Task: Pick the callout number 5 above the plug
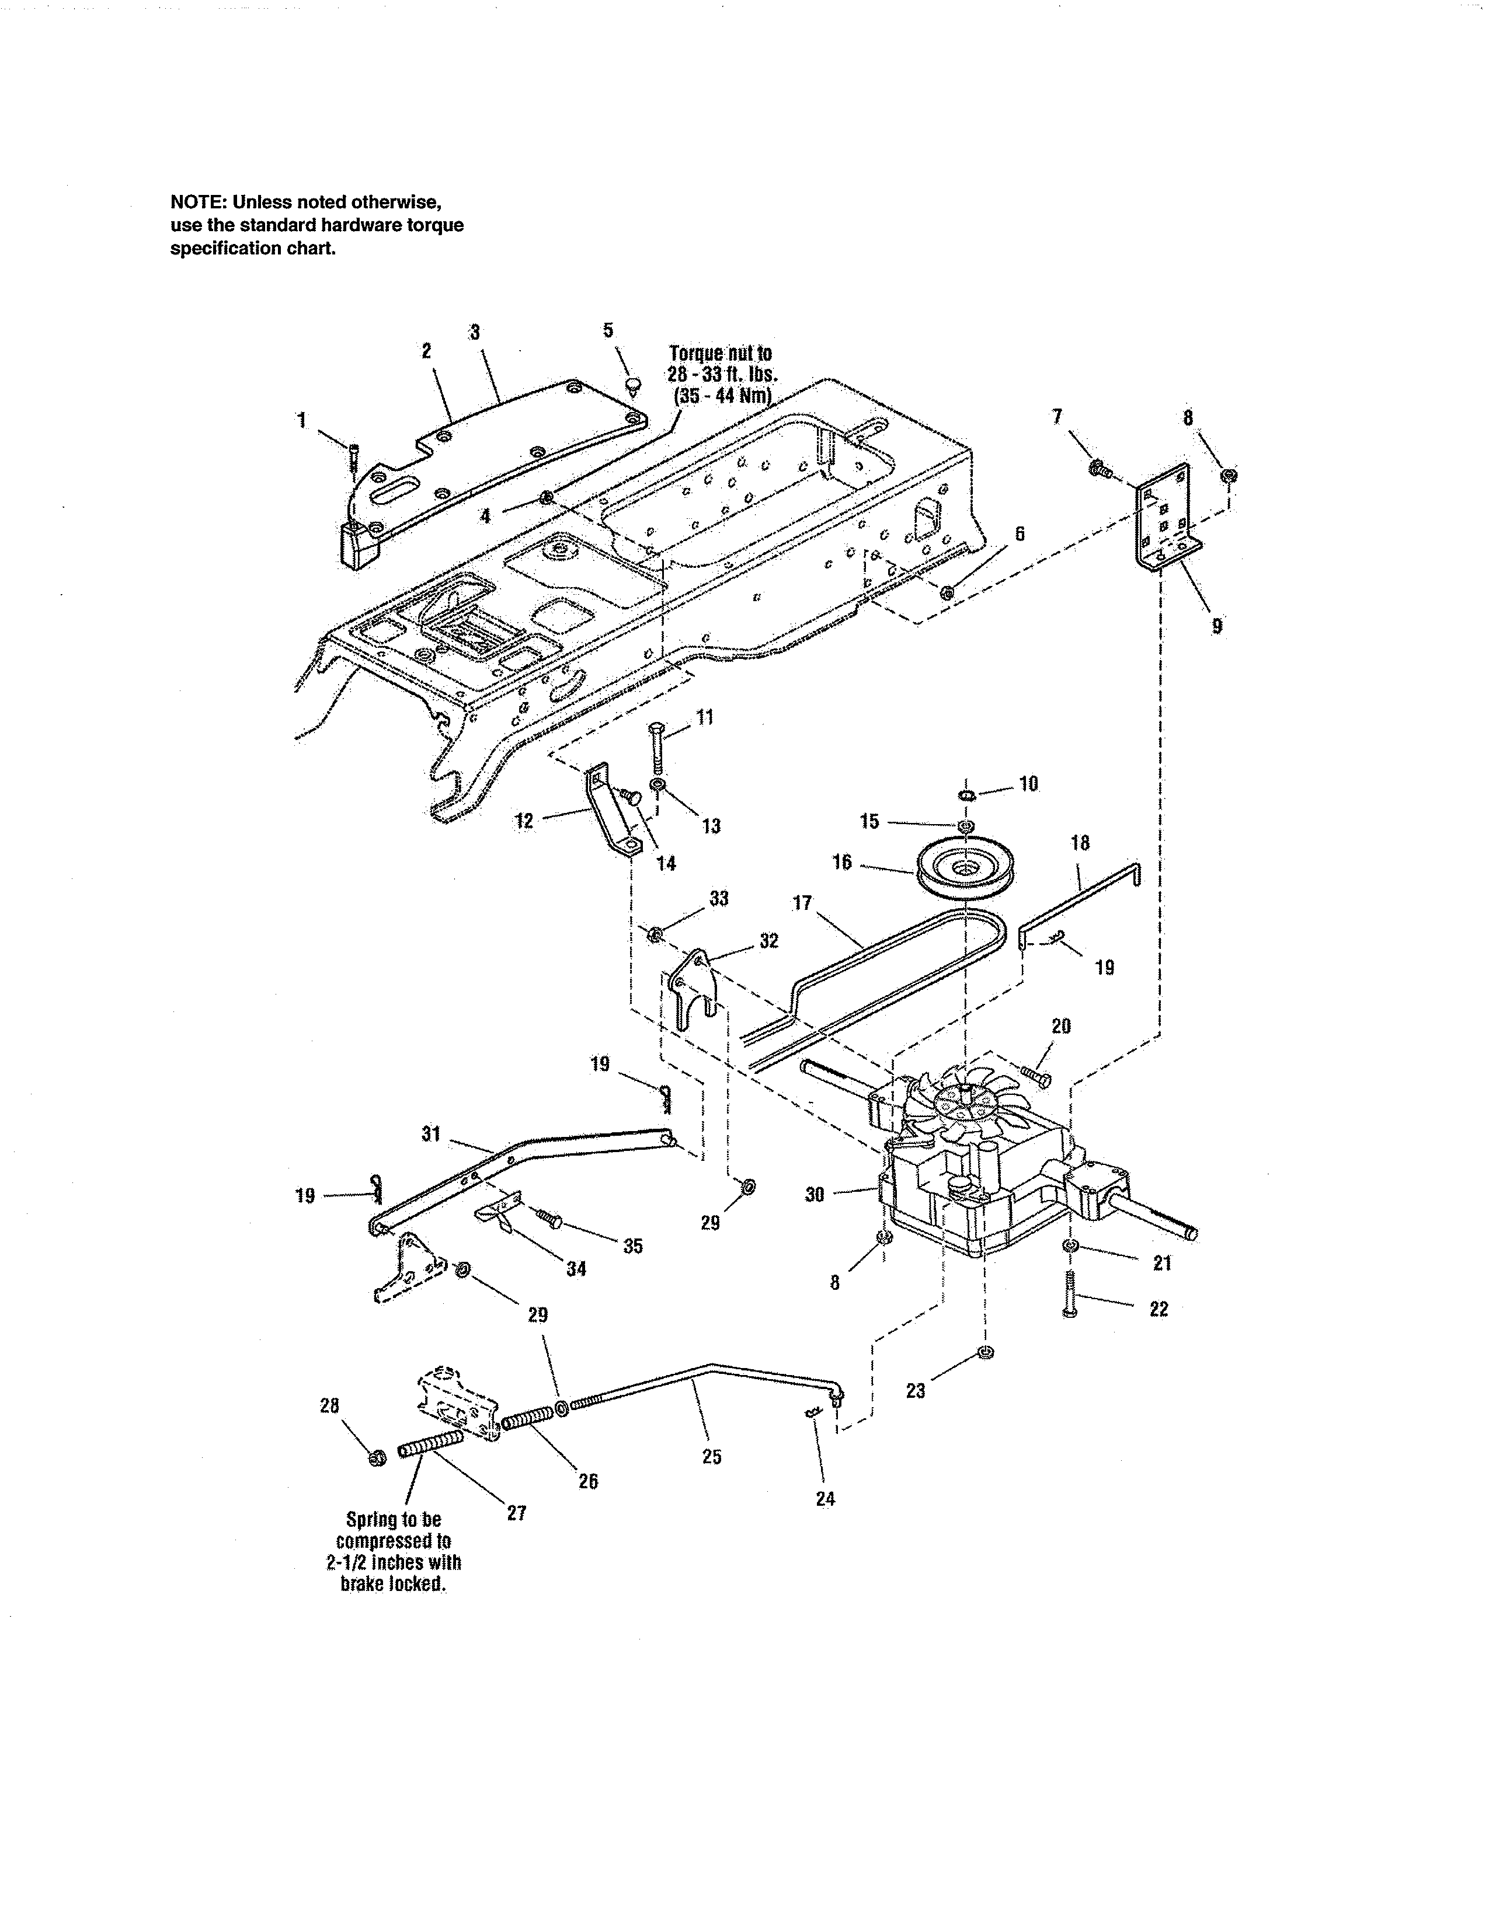coord(608,331)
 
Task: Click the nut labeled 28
coord(378,1459)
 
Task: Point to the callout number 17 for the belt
coord(801,903)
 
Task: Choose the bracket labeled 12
coord(608,811)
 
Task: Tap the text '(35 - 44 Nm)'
coord(722,395)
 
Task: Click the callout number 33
coord(719,899)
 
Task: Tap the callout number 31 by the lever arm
coord(430,1133)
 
